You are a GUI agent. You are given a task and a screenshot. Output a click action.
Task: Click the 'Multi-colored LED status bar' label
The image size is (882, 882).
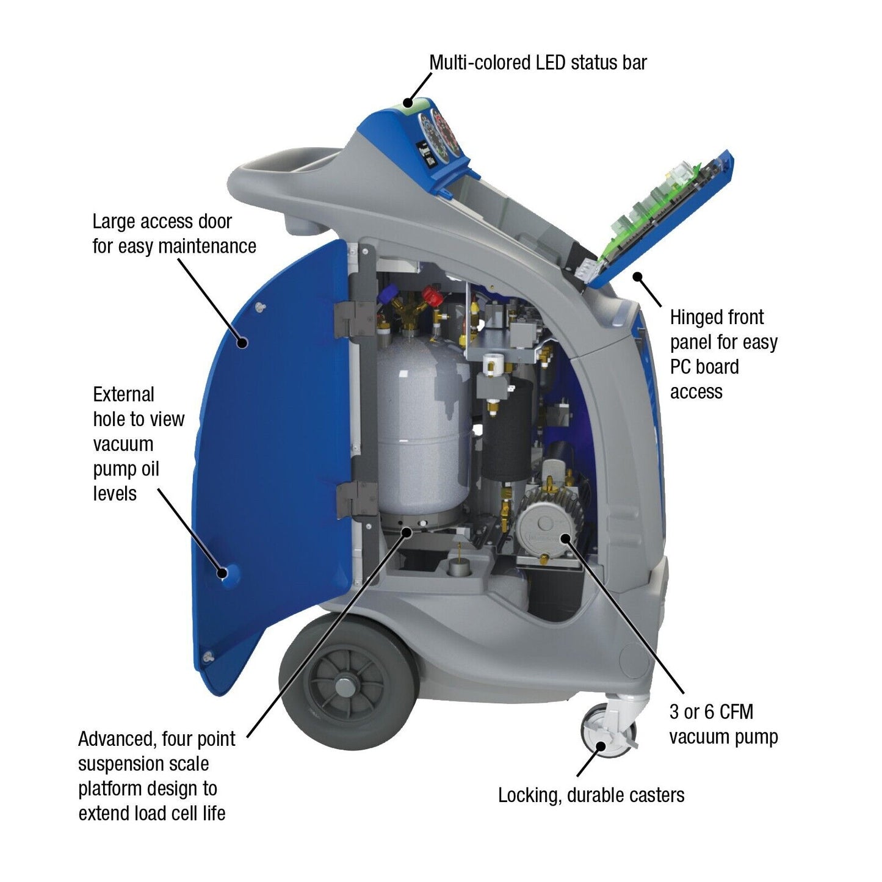[537, 62]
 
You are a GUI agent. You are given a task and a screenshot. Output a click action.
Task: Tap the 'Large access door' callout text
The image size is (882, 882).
[174, 234]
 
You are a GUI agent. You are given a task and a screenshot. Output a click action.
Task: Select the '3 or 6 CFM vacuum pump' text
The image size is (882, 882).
[723, 724]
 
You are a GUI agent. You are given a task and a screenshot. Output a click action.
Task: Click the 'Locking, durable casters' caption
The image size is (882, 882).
[591, 795]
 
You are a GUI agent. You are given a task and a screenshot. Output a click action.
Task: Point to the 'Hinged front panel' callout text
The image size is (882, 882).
[723, 354]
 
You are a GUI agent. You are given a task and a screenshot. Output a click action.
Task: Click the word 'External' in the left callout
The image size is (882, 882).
[123, 394]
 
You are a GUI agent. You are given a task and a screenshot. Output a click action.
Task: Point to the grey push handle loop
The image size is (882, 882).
[281, 177]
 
